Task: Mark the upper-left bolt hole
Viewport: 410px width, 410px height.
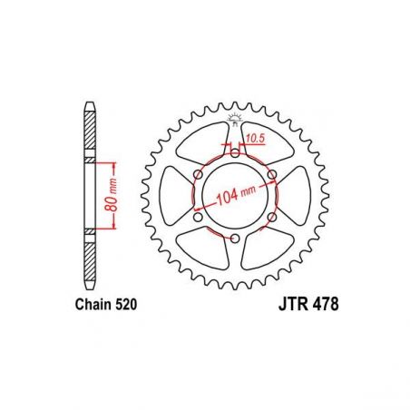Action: [x=198, y=174]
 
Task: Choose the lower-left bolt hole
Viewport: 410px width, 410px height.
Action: [x=198, y=217]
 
